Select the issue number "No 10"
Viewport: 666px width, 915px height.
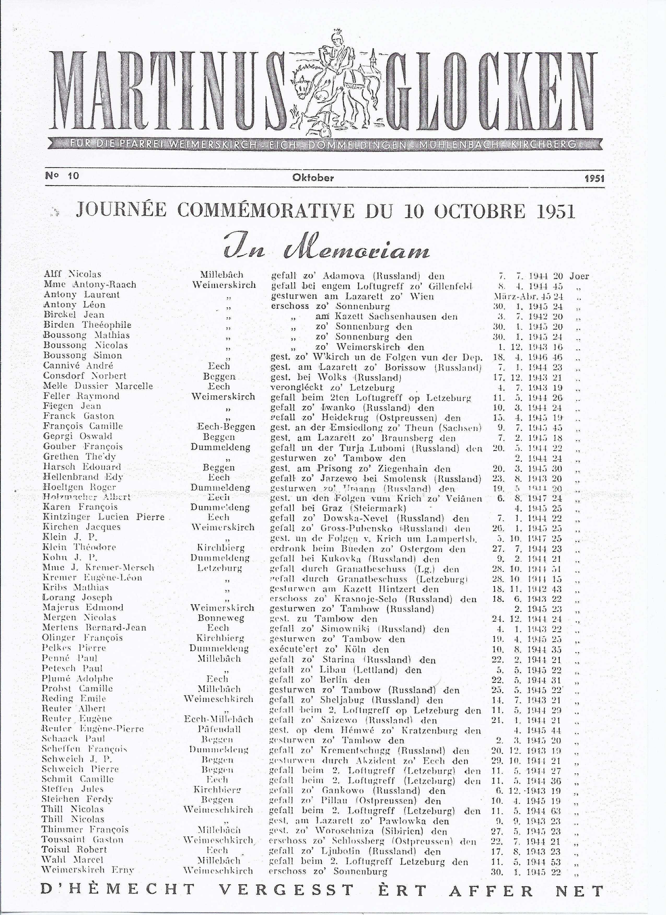[62, 176]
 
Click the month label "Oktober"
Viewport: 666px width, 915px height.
[313, 178]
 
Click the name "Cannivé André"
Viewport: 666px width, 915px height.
[78, 365]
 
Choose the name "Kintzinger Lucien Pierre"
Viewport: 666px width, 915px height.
[104, 517]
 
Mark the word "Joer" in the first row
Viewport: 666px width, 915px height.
[579, 276]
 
